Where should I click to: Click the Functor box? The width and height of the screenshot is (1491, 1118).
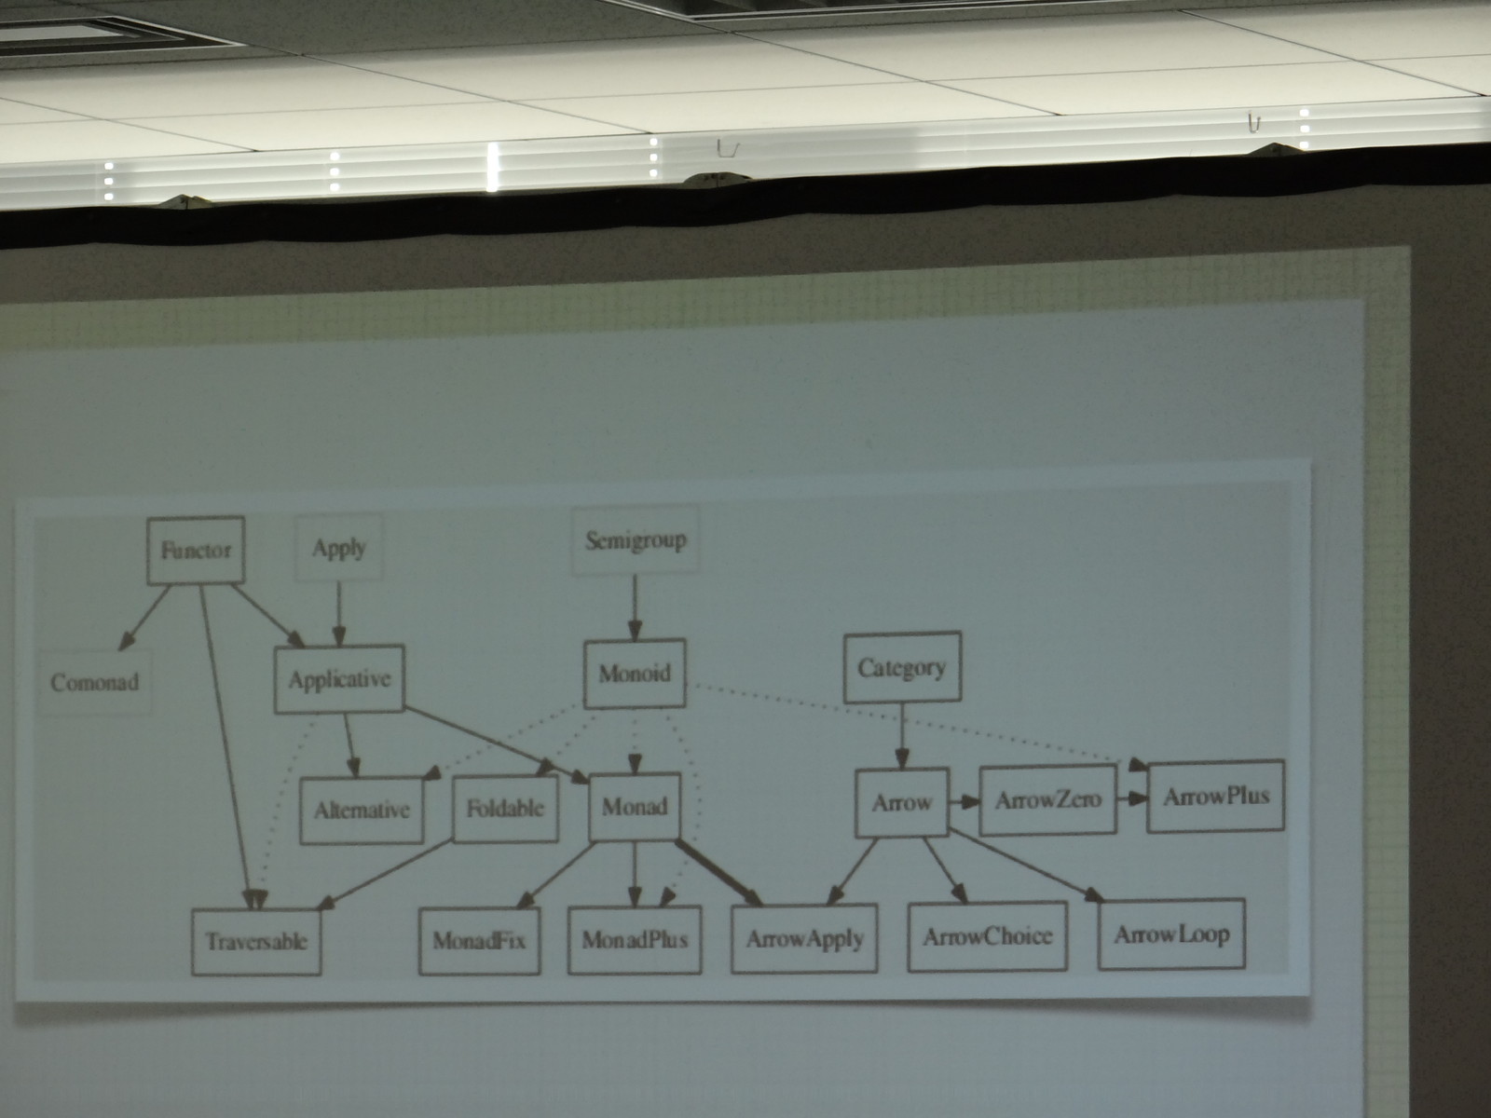tap(196, 551)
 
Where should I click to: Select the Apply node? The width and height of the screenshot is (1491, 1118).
tap(338, 547)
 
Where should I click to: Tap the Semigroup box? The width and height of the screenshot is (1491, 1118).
tap(635, 540)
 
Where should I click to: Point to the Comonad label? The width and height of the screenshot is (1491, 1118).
tap(94, 682)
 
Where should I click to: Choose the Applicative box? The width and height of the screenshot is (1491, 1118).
tap(339, 679)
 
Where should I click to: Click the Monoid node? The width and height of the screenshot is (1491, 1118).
tap(635, 673)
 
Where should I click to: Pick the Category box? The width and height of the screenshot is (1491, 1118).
tap(901, 667)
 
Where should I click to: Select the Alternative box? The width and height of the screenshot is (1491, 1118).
tap(362, 810)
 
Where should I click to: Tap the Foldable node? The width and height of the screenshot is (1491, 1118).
tap(505, 807)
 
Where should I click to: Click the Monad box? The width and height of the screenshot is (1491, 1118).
tap(635, 805)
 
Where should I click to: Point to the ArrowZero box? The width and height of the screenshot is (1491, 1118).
tap(1047, 800)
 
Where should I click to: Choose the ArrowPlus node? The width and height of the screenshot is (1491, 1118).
tap(1216, 796)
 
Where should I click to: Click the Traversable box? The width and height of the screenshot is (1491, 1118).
tap(256, 941)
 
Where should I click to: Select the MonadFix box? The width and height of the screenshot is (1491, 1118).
tap(479, 939)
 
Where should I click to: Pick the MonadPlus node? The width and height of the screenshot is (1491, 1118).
tap(635, 938)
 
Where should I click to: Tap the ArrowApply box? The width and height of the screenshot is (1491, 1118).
tap(804, 938)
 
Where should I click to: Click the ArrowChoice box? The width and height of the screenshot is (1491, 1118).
tap(988, 935)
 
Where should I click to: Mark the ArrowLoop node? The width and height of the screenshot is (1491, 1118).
tap(1171, 934)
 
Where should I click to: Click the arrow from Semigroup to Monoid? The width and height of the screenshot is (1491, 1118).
tap(635, 606)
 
